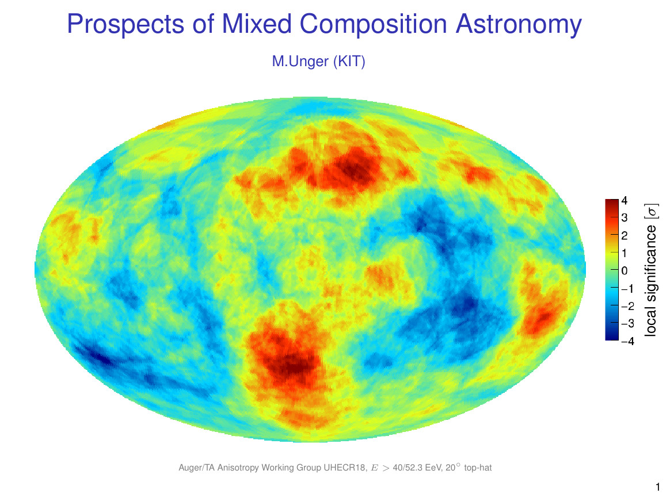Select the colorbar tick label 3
click(x=625, y=218)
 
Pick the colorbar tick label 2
click(x=625, y=235)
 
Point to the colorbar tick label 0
click(x=625, y=270)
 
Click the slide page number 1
click(x=658, y=488)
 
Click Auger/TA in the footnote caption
click(x=197, y=468)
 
